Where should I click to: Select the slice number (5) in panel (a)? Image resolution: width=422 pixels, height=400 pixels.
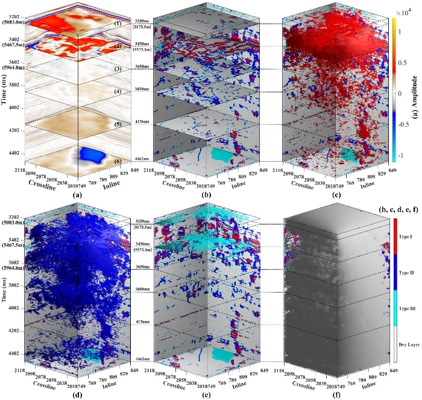coord(119,124)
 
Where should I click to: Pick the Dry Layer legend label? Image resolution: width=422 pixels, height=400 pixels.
coord(405,344)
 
